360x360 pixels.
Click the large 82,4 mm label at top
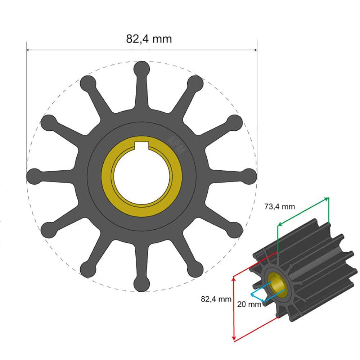(x=149, y=39)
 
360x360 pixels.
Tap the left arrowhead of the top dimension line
(x=28, y=50)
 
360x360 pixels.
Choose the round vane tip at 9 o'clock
(x=34, y=176)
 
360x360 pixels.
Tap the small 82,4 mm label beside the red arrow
(x=216, y=298)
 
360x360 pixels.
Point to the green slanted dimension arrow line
(x=302, y=212)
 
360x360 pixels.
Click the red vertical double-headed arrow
(x=234, y=308)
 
